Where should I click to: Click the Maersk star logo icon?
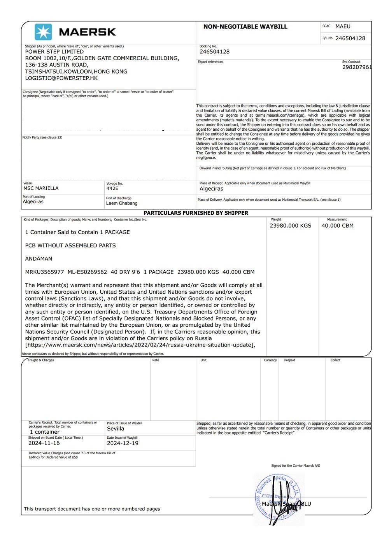(43, 32)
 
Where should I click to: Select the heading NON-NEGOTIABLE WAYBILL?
(245, 26)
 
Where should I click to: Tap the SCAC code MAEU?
(343, 26)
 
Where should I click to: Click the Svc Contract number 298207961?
(357, 67)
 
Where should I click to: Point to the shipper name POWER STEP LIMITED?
(54, 51)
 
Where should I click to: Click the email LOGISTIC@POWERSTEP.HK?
(61, 78)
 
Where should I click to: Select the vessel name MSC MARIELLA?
(41, 188)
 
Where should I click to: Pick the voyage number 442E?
(112, 188)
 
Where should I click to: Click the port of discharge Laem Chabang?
(122, 203)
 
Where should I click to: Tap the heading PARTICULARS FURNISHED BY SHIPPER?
(196, 213)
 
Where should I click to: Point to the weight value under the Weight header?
(291, 226)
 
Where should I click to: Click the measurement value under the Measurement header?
(337, 226)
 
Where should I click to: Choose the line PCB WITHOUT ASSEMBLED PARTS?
(70, 245)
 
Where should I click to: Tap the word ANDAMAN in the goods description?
(39, 259)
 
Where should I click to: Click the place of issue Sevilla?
(116, 429)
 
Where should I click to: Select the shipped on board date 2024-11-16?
(44, 443)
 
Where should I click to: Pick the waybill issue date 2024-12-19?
(123, 443)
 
